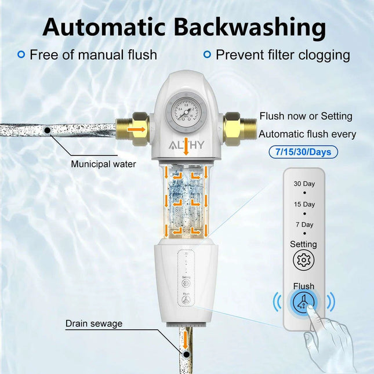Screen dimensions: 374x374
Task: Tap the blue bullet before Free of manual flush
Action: tap(21, 55)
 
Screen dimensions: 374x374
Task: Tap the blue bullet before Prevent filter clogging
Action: tap(207, 55)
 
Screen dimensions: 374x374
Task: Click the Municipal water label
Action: tap(103, 164)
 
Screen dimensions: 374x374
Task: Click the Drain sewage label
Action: tap(93, 324)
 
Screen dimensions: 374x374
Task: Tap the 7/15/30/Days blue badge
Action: tap(304, 152)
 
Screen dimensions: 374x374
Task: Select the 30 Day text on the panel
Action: tap(304, 184)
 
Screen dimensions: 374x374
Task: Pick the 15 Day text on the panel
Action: tap(304, 204)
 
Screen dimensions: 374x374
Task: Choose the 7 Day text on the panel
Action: tap(304, 224)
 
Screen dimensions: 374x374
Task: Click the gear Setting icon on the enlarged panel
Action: tap(303, 259)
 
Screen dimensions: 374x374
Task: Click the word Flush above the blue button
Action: tap(303, 286)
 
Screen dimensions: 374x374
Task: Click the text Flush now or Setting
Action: tap(306, 116)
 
